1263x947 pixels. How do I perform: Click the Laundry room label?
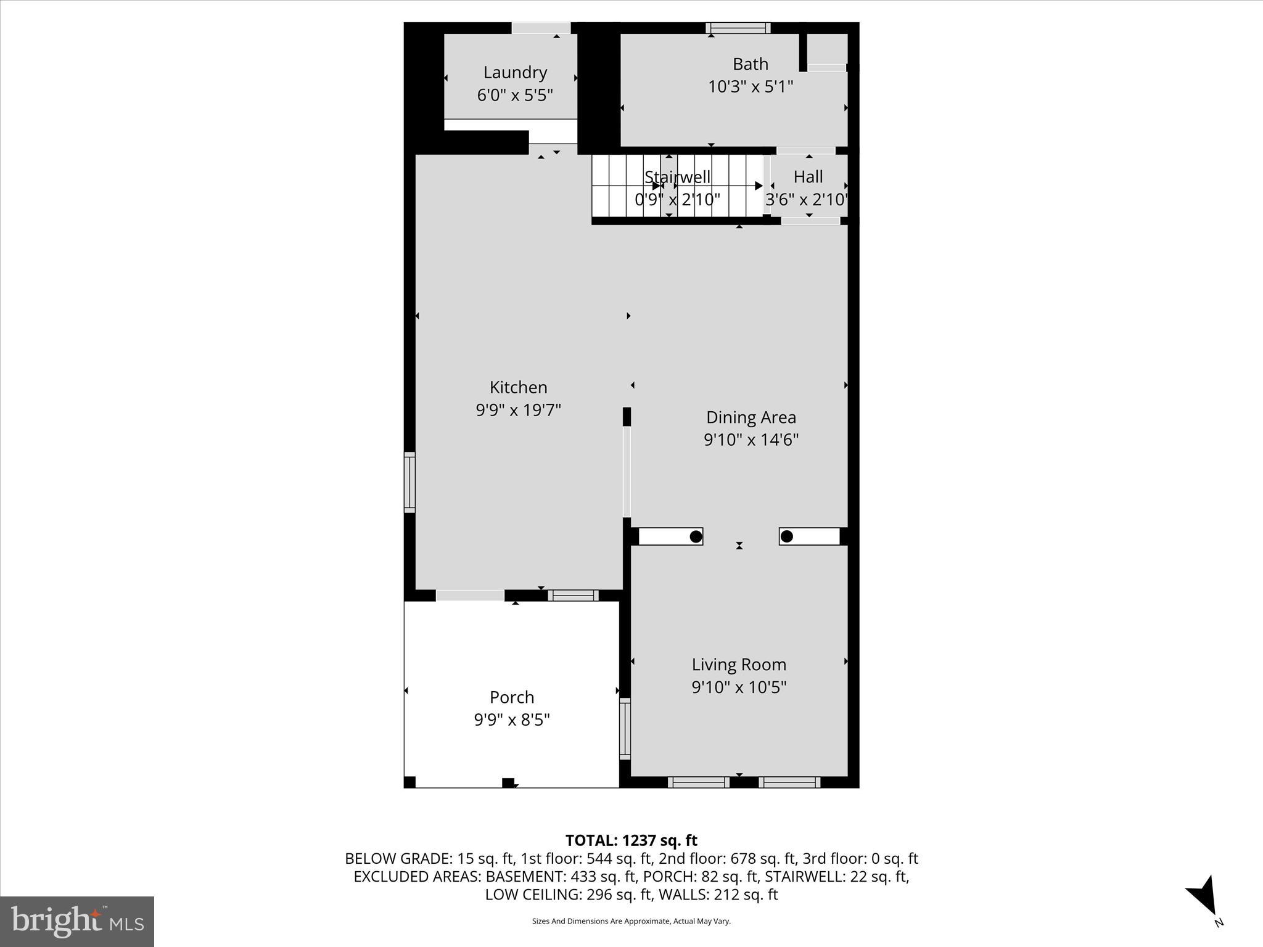click(x=515, y=73)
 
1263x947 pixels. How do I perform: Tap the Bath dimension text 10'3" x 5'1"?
click(x=750, y=87)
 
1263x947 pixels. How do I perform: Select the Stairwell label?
click(x=677, y=177)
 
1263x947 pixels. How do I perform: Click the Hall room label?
click(x=808, y=177)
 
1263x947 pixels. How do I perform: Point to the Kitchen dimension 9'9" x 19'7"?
click(x=518, y=410)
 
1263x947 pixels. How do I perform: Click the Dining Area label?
click(x=751, y=417)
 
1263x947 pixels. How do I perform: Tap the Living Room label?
click(x=739, y=665)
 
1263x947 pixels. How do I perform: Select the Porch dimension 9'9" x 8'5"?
click(x=512, y=719)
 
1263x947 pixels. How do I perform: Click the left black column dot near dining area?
click(x=695, y=536)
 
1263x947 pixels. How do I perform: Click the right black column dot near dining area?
click(x=786, y=536)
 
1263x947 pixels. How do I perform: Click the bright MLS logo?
click(x=77, y=921)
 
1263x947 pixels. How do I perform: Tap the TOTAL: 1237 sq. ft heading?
click(x=631, y=840)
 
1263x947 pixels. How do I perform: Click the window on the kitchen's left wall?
click(x=409, y=482)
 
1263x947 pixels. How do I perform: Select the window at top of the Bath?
click(x=738, y=28)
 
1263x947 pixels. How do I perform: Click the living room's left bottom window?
click(x=698, y=782)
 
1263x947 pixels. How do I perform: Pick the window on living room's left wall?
click(x=625, y=729)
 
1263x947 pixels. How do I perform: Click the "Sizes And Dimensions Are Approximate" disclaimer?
click(x=631, y=921)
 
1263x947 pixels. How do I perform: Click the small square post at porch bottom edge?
click(x=508, y=782)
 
